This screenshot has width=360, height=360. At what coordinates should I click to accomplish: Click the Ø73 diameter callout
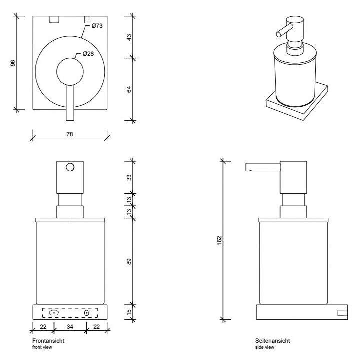pos(97,26)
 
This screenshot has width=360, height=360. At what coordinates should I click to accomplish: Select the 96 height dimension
pos(13,63)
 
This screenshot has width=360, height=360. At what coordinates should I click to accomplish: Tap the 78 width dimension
pos(70,133)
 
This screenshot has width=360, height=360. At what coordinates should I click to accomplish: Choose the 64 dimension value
pos(129,89)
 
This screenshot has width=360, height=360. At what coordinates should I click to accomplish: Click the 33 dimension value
pos(129,177)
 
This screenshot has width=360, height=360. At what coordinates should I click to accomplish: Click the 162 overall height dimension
pos(219,240)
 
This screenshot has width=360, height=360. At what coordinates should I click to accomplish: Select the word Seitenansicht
pos(272,341)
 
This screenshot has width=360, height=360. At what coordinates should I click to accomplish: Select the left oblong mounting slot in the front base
pos(54,313)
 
